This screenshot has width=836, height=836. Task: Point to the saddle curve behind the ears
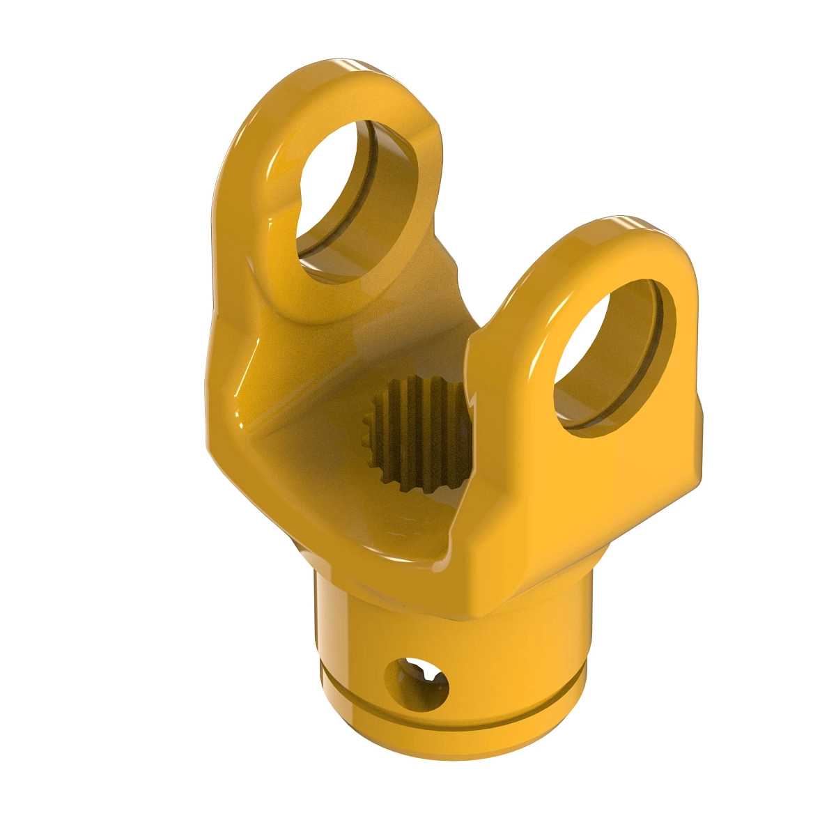pos(446,293)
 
